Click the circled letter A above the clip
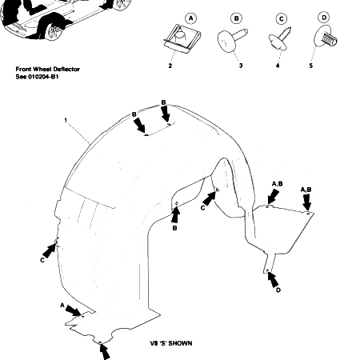[190, 18]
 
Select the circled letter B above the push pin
[236, 18]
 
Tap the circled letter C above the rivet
[282, 19]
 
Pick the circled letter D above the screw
[324, 18]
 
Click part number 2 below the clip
[170, 66]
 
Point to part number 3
[241, 66]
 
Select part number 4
[278, 66]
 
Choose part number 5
[311, 66]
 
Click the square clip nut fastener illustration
[182, 38]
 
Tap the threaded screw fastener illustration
[326, 38]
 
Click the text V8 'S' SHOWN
[171, 343]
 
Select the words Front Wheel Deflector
[48, 69]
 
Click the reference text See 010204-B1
[37, 77]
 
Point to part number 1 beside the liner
[66, 121]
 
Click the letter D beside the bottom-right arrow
[278, 290]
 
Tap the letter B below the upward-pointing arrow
[174, 228]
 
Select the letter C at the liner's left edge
[42, 260]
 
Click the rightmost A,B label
[306, 190]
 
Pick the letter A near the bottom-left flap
[62, 305]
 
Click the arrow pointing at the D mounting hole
[273, 279]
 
